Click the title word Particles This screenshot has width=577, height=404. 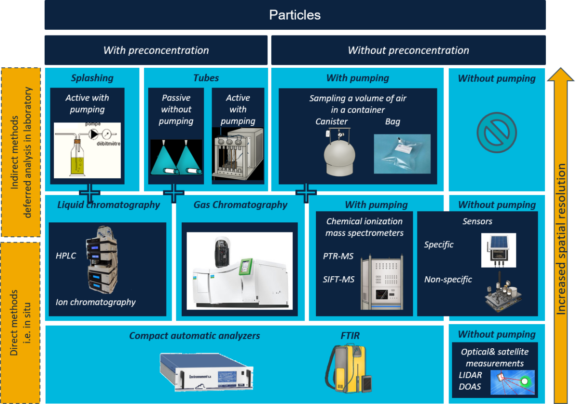point(295,15)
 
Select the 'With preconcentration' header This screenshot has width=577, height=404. point(156,50)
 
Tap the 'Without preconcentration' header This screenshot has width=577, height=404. point(408,50)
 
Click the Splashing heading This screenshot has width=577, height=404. point(92,78)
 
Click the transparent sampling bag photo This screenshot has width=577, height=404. point(402,154)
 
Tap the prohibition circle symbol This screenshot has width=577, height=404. point(497,133)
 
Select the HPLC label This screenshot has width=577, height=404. point(66,256)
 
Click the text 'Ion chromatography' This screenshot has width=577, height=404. point(96,302)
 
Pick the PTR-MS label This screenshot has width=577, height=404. point(338,256)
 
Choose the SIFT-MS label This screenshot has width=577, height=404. point(339,279)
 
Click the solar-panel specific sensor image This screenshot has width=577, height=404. point(499,250)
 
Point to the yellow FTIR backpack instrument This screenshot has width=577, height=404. point(348,368)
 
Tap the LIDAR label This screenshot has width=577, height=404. point(470,375)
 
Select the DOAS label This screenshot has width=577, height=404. point(470,387)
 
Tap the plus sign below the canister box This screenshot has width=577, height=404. point(306,193)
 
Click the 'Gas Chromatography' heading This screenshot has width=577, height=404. point(240,205)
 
